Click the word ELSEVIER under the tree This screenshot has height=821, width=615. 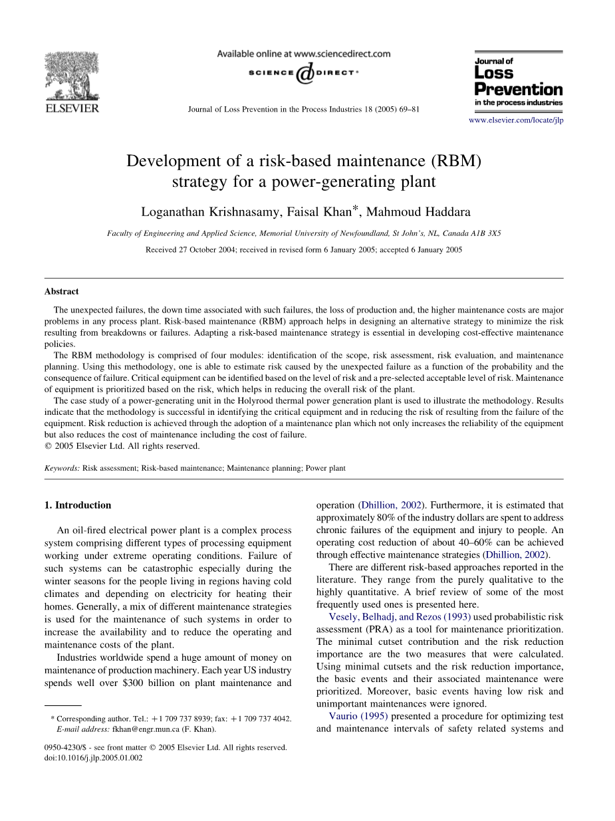point(71,108)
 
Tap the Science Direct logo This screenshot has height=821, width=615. point(303,74)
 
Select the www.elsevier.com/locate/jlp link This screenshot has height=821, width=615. point(516,120)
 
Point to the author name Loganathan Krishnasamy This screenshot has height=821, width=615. point(200,213)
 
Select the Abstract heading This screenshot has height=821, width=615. point(61,291)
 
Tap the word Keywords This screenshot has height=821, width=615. point(62,468)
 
